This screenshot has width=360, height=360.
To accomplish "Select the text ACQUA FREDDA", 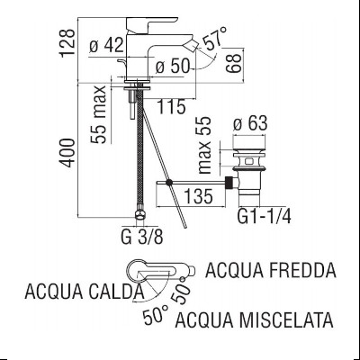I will [269, 270].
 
